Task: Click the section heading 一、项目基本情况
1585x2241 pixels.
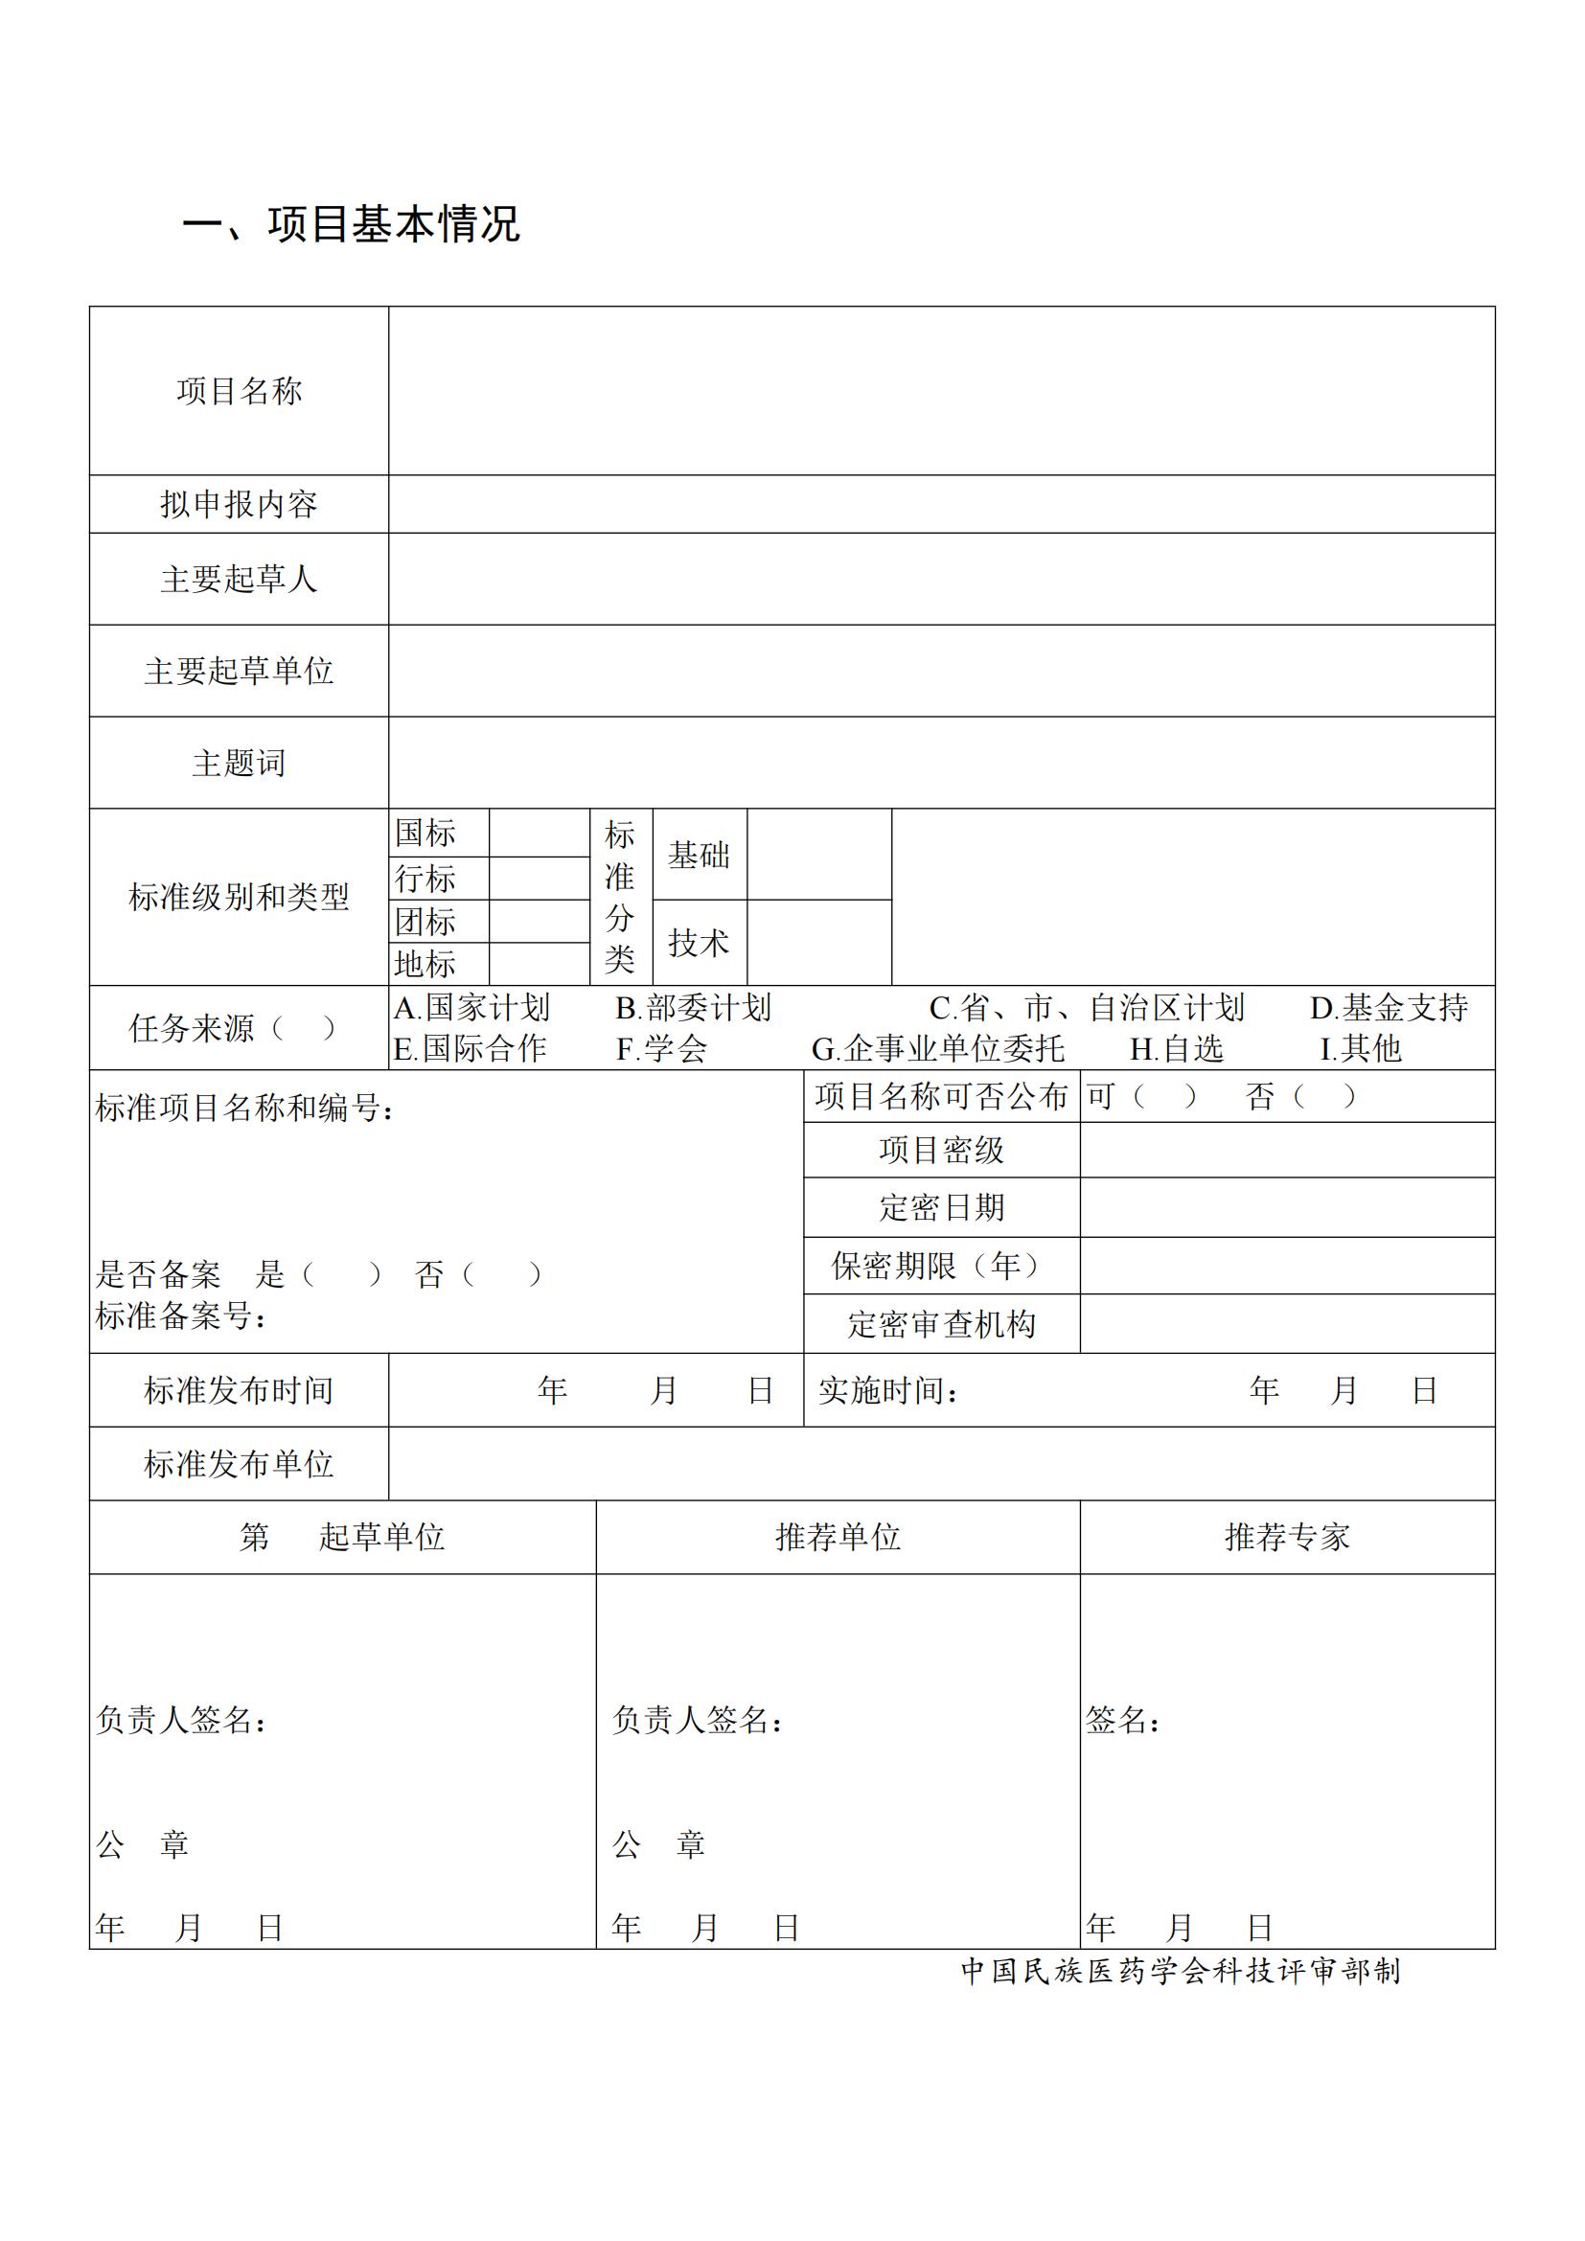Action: [x=352, y=223]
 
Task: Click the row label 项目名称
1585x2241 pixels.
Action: [x=240, y=392]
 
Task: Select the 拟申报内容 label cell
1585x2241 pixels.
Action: [x=240, y=505]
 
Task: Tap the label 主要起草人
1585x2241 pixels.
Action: [x=240, y=579]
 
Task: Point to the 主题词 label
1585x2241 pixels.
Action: [x=240, y=763]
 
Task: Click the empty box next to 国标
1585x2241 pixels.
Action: [x=539, y=833]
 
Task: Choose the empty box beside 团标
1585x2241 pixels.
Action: [x=539, y=922]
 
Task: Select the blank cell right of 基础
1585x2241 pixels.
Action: [x=818, y=854]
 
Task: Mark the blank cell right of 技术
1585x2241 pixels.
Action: [x=818, y=942]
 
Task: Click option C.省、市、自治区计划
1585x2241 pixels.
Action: [x=1087, y=1007]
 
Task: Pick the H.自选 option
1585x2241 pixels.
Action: [x=1176, y=1049]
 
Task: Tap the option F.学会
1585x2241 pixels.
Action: [x=661, y=1049]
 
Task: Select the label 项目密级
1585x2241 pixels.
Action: [x=941, y=1150]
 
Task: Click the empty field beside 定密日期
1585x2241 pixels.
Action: [x=1286, y=1207]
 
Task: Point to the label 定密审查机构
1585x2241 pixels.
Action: [x=941, y=1324]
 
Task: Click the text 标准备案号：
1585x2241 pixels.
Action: [x=181, y=1316]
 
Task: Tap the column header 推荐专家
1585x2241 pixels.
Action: [x=1286, y=1537]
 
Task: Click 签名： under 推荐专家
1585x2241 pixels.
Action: [x=1122, y=1720]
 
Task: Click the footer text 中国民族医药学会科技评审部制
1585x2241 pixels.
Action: [x=1181, y=1971]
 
